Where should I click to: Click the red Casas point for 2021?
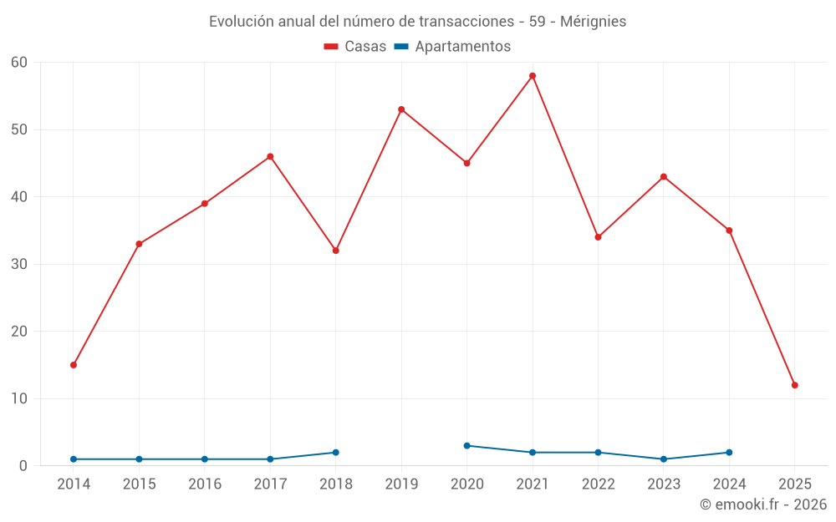point(533,76)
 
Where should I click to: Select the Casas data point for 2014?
point(74,365)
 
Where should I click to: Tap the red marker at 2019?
point(401,109)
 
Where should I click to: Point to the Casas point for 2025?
point(795,385)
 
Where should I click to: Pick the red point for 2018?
point(336,251)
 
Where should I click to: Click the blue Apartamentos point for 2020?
point(467,446)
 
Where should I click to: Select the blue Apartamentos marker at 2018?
point(336,453)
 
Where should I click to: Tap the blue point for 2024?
point(729,453)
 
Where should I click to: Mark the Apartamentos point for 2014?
point(74,459)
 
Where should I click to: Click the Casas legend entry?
point(355,47)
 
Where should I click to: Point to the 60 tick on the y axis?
point(19,63)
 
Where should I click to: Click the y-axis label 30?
point(19,264)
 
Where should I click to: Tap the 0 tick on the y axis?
point(23,466)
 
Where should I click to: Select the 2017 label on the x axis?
point(270,484)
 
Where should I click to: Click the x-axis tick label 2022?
point(598,484)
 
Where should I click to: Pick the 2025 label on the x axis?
point(795,484)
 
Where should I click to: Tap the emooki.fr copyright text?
point(763,504)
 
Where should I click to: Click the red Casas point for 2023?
point(664,177)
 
